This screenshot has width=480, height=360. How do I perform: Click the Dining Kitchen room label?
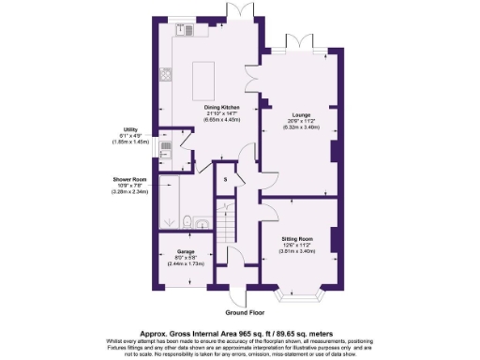222,108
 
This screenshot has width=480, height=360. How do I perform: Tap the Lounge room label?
300,115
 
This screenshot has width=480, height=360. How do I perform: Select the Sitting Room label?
297,239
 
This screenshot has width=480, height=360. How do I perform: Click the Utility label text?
130,129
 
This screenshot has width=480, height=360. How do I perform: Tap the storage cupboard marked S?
226,177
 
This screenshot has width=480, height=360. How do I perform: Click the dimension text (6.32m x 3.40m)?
300,127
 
